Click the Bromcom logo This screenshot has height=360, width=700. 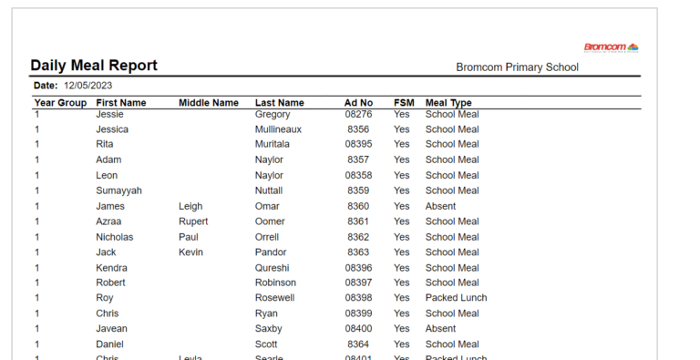pyautogui.click(x=611, y=47)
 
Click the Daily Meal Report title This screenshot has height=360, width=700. pyautogui.click(x=94, y=66)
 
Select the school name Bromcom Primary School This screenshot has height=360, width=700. pyautogui.click(x=517, y=67)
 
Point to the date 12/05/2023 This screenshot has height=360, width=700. pyautogui.click(x=87, y=85)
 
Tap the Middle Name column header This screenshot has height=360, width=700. pyautogui.click(x=208, y=103)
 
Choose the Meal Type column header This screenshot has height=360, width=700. pyautogui.click(x=448, y=103)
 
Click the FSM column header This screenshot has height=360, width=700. pyautogui.click(x=404, y=103)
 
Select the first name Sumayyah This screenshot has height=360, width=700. pyautogui.click(x=121, y=190)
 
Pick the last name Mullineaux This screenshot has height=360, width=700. pyautogui.click(x=278, y=129)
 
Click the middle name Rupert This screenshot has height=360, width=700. pyautogui.click(x=193, y=221)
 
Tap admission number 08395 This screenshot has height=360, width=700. pyautogui.click(x=358, y=144)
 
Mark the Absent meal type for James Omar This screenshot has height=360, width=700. pyautogui.click(x=440, y=206)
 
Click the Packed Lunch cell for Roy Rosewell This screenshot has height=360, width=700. pyautogui.click(x=456, y=298)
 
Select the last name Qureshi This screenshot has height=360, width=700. pyautogui.click(x=273, y=268)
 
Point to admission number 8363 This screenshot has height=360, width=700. pyautogui.click(x=358, y=252)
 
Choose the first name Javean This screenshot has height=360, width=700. pyautogui.click(x=112, y=329)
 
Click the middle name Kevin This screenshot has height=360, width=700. pyautogui.click(x=190, y=252)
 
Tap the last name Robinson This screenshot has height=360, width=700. pyautogui.click(x=275, y=283)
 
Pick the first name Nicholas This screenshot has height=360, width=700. pyautogui.click(x=115, y=237)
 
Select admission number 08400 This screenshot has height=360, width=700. pyautogui.click(x=358, y=329)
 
